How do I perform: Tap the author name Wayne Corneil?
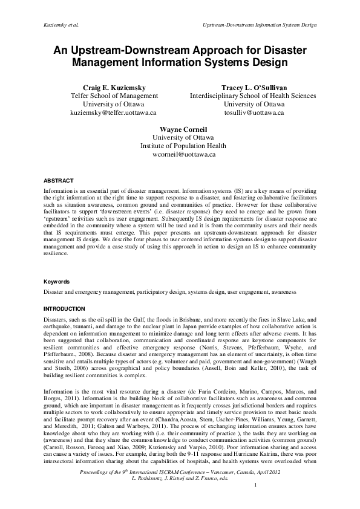(x=180, y=129)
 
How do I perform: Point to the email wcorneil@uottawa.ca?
(x=180, y=155)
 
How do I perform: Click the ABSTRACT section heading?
(x=58, y=181)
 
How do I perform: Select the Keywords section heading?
(x=57, y=282)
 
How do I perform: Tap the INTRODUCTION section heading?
(x=64, y=308)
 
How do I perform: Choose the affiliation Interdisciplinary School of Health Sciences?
(x=253, y=96)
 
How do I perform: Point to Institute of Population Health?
(x=180, y=146)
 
